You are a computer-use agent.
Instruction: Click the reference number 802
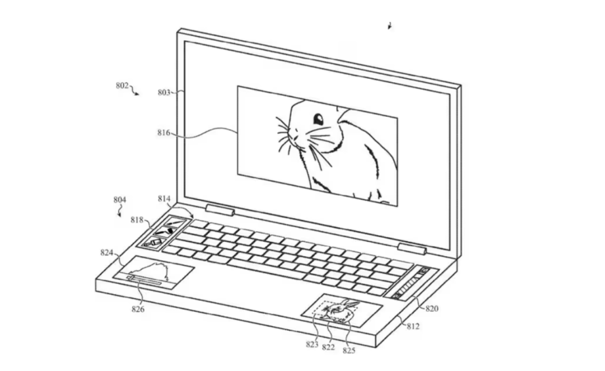pyautogui.click(x=122, y=85)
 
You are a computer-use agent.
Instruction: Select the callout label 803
pyautogui.click(x=164, y=93)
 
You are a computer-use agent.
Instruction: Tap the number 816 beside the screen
pyautogui.click(x=164, y=133)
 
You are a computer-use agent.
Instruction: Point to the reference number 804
pyautogui.click(x=120, y=200)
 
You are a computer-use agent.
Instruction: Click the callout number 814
pyautogui.click(x=164, y=199)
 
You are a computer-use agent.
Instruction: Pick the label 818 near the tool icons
pyautogui.click(x=137, y=220)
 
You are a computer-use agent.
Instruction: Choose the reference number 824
pyautogui.click(x=107, y=253)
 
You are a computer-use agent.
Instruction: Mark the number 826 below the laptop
pyautogui.click(x=137, y=309)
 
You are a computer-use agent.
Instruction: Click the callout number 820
pyautogui.click(x=432, y=309)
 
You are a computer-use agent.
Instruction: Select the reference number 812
pyautogui.click(x=413, y=326)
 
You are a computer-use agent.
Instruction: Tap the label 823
pyautogui.click(x=312, y=345)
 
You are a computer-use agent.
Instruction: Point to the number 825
pyautogui.click(x=349, y=350)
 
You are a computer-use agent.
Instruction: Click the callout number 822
pyautogui.click(x=328, y=347)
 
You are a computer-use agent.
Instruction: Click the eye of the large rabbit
pyautogui.click(x=318, y=120)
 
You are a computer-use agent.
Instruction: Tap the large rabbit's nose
pyautogui.click(x=295, y=137)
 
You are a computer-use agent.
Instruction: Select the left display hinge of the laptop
pyautogui.click(x=220, y=210)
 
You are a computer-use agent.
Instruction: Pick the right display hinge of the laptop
pyautogui.click(x=412, y=249)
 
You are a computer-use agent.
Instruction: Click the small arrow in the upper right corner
pyautogui.click(x=390, y=26)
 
